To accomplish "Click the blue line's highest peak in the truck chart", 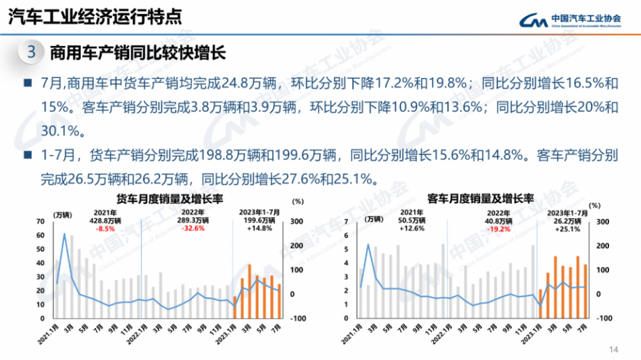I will pyautogui.click(x=65, y=234).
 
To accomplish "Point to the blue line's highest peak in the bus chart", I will pyautogui.click(x=369, y=244).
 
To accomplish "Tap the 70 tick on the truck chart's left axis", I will pyautogui.click(x=41, y=221).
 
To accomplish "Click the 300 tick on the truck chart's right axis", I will pyautogui.click(x=296, y=221).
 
